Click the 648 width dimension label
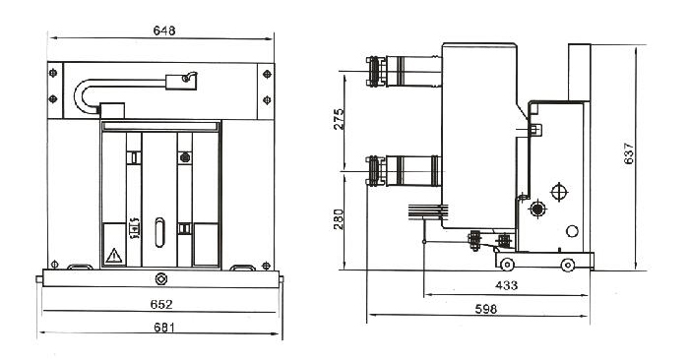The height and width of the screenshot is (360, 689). click(164, 30)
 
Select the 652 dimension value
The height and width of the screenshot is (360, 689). click(161, 304)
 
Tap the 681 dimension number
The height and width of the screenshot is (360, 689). click(164, 328)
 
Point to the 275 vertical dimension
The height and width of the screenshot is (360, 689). click(339, 119)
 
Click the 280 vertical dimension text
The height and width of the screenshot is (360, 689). click(339, 219)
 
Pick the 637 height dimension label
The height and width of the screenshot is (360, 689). click(629, 153)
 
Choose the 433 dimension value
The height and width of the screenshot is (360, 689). click(506, 285)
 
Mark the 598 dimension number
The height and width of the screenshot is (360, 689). click(486, 309)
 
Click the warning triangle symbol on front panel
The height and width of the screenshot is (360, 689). click(114, 256)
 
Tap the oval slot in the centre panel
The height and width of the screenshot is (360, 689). click(159, 232)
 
